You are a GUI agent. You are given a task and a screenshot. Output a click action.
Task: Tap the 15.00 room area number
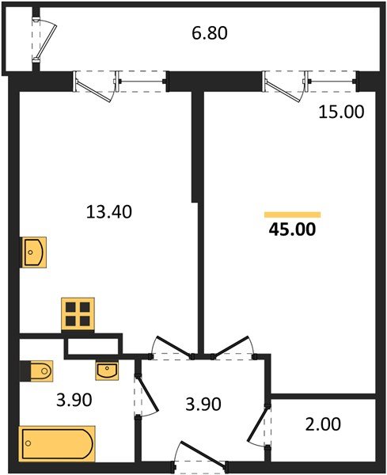point(342,112)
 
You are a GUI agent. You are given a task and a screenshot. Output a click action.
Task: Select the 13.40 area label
point(108,211)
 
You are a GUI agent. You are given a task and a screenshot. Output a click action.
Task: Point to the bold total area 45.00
point(293,231)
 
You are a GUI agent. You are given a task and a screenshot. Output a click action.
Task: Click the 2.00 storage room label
point(323,424)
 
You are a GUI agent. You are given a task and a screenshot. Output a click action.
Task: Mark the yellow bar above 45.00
point(292,215)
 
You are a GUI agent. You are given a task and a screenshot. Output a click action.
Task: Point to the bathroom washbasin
point(107,369)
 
